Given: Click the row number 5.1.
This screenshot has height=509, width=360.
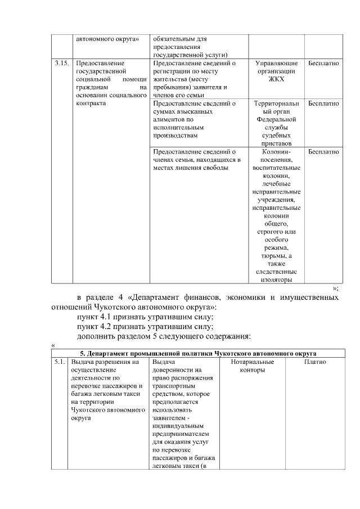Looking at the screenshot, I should coord(59,362).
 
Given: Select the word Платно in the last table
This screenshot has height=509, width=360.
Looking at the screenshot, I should coord(315,362).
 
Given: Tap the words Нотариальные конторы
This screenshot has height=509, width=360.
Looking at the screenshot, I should coord(253,366).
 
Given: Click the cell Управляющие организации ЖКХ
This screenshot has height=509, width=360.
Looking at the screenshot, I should coord(276,71).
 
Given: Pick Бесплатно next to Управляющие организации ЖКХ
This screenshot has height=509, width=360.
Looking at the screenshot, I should coord(323,64).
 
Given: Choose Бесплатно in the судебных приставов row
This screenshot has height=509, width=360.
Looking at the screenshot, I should coord(323,104).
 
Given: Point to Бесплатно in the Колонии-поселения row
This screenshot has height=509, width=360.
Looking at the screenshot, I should coord(323,152).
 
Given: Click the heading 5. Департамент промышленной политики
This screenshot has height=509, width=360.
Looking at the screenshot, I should coord(197,353).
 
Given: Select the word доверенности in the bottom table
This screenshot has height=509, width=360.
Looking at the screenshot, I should coord(173,371).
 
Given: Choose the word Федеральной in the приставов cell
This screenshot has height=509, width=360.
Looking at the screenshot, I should coord(276,120).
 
